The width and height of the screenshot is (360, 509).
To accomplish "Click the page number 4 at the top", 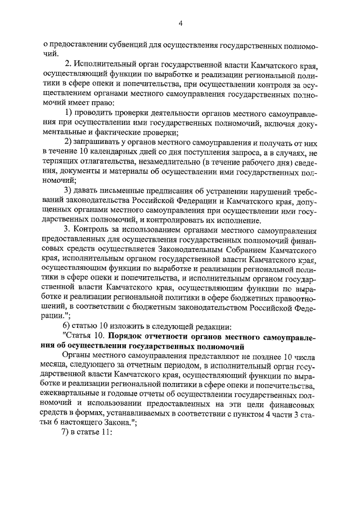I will [181, 23].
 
